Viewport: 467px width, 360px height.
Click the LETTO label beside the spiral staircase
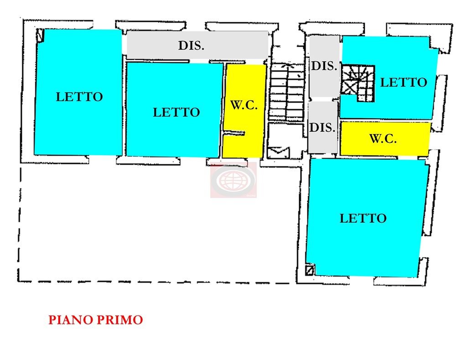pos(404,83)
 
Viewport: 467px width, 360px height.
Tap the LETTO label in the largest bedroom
pos(363,219)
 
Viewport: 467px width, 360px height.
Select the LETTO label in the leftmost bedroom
pos(79,97)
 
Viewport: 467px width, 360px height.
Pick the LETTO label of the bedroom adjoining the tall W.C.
pos(176,112)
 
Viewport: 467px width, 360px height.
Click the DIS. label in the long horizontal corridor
pos(191,46)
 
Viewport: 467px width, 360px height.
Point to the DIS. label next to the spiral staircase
pos(324,66)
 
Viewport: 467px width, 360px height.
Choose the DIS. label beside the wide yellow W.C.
pos(322,128)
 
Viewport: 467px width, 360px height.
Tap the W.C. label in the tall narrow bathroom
pos(244,105)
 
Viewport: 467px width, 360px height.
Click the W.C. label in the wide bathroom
pos(383,139)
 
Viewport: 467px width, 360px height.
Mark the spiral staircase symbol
pos(358,84)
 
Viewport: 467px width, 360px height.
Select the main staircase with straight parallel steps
pos(287,92)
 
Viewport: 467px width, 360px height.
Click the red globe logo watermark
pos(233,180)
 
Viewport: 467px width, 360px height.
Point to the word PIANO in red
pos(70,320)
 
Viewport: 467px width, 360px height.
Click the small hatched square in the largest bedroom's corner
pos(310,270)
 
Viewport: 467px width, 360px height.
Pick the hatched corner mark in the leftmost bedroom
pos(40,35)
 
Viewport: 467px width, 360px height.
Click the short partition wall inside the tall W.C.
pos(234,133)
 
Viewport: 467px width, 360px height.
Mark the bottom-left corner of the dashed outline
pos(19,281)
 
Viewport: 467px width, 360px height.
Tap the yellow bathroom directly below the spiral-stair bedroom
pos(385,139)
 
